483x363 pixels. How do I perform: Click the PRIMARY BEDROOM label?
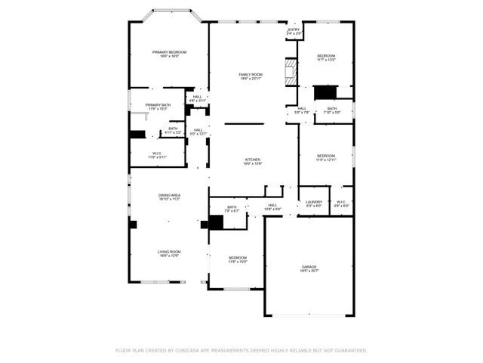(169, 54)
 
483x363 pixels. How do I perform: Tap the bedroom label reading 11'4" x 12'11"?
(326, 157)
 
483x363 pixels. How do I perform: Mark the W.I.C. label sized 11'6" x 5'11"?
(158, 155)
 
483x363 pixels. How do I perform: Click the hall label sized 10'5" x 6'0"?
(272, 206)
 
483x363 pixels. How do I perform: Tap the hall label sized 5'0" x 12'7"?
(197, 132)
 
